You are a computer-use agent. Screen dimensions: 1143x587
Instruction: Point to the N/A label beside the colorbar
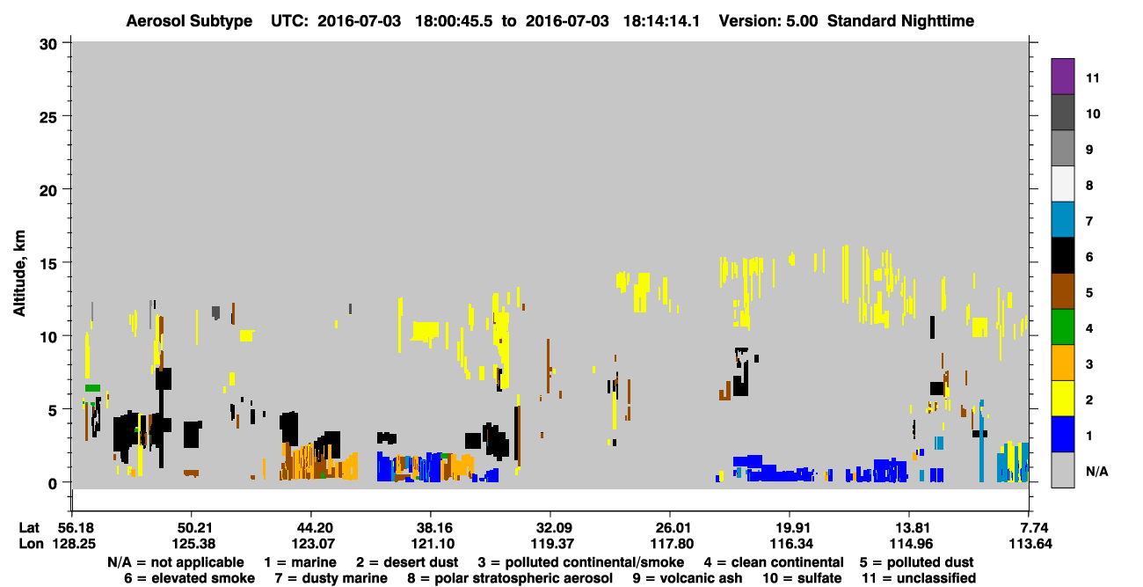(x=1096, y=471)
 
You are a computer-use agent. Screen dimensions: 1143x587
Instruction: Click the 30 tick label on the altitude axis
(x=48, y=45)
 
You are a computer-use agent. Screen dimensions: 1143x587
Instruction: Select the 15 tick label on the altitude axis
(x=48, y=263)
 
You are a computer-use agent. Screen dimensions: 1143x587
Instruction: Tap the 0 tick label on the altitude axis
(x=53, y=483)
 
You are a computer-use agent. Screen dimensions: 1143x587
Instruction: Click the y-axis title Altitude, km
(x=18, y=274)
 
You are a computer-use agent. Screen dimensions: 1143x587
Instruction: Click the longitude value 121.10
(x=433, y=544)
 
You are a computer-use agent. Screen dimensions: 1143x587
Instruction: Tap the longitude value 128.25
(x=74, y=544)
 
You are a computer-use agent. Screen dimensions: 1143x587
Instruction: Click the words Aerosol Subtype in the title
(x=189, y=21)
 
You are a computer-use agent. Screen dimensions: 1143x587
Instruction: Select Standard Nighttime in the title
(x=900, y=21)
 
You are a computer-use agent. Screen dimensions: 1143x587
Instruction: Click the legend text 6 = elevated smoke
(x=189, y=578)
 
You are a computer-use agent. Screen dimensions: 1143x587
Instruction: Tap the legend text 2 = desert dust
(x=407, y=562)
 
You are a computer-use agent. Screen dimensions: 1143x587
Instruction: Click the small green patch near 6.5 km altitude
(x=92, y=388)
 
